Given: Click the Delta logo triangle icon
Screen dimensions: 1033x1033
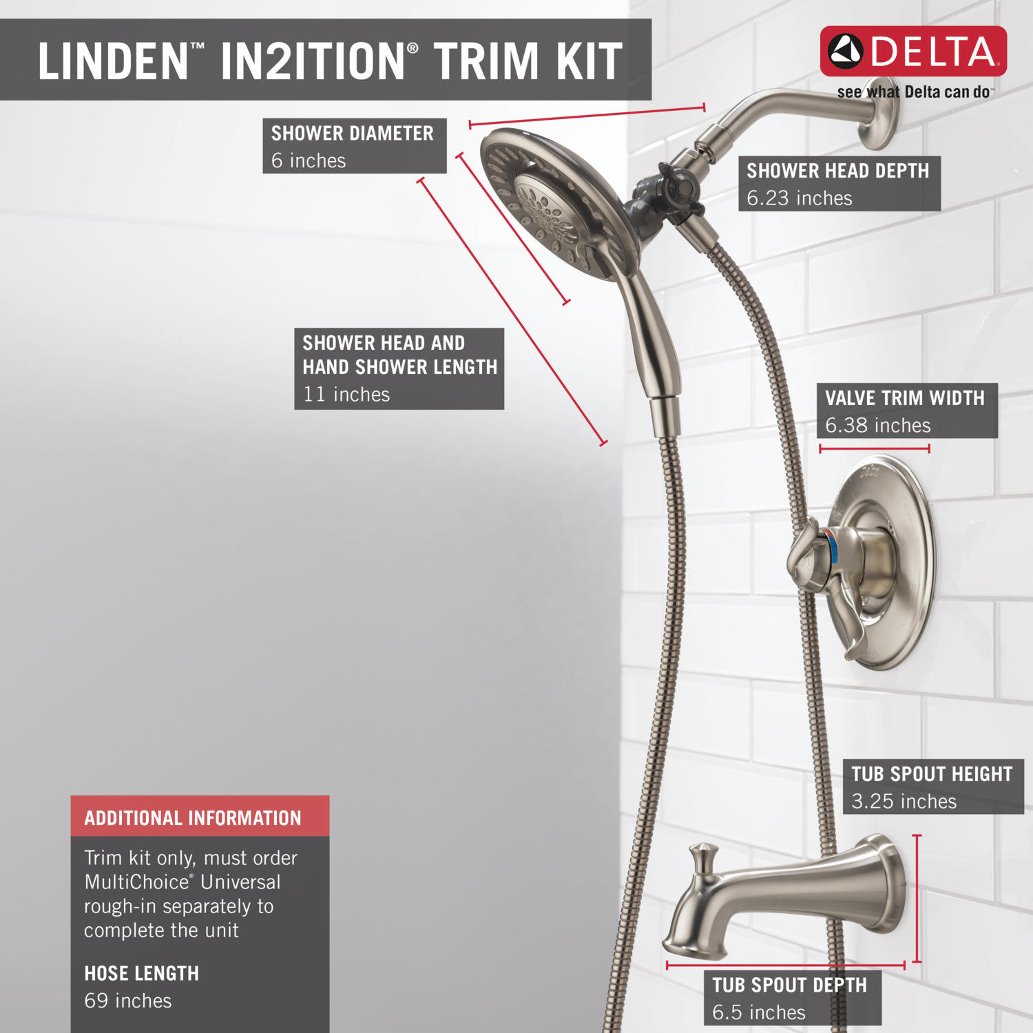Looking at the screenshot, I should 845,52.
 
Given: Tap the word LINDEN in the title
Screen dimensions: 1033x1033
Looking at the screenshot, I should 113,61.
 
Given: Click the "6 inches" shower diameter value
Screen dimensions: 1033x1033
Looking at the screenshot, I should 308,160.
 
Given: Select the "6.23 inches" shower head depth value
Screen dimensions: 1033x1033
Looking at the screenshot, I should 799,198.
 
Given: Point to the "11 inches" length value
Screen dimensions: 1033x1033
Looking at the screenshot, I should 346,395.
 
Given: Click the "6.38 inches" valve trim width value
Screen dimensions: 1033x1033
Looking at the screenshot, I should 877,426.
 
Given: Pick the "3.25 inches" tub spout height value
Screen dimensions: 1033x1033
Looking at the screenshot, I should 904,802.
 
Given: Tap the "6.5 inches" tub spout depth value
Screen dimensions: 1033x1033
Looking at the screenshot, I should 758,1012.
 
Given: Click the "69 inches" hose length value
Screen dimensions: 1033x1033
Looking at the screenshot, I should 127,1001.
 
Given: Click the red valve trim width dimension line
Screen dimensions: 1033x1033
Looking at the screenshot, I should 874,448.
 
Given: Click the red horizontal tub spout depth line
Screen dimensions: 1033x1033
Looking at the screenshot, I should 785,966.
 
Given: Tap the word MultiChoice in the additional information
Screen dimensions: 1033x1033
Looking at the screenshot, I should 136,882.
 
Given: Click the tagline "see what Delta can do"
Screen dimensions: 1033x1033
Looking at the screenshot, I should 913,92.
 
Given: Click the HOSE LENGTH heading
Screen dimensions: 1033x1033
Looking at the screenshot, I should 141,973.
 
